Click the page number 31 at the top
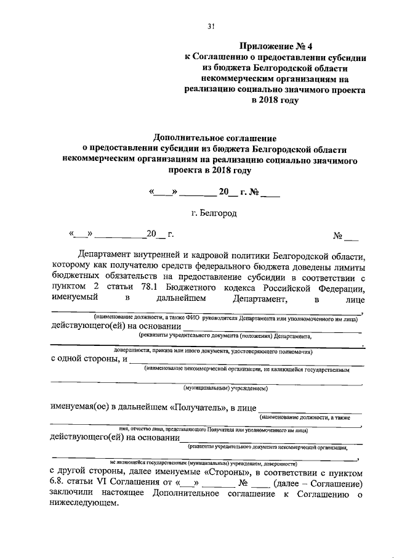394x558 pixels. point(210,26)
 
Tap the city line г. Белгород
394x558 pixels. point(214,213)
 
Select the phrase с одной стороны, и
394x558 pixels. point(89,358)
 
